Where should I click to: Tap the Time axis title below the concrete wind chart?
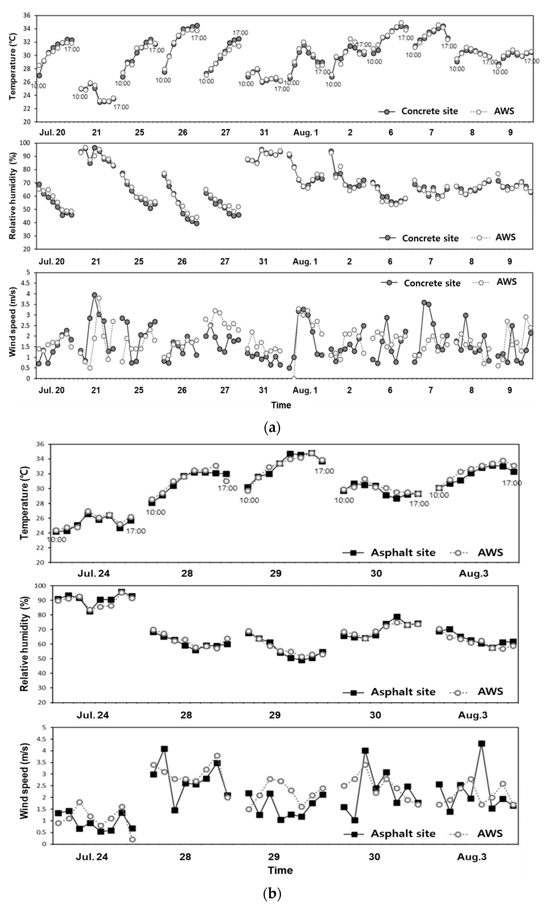tap(281, 405)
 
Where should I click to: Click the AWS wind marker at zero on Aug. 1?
tap(294, 378)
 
